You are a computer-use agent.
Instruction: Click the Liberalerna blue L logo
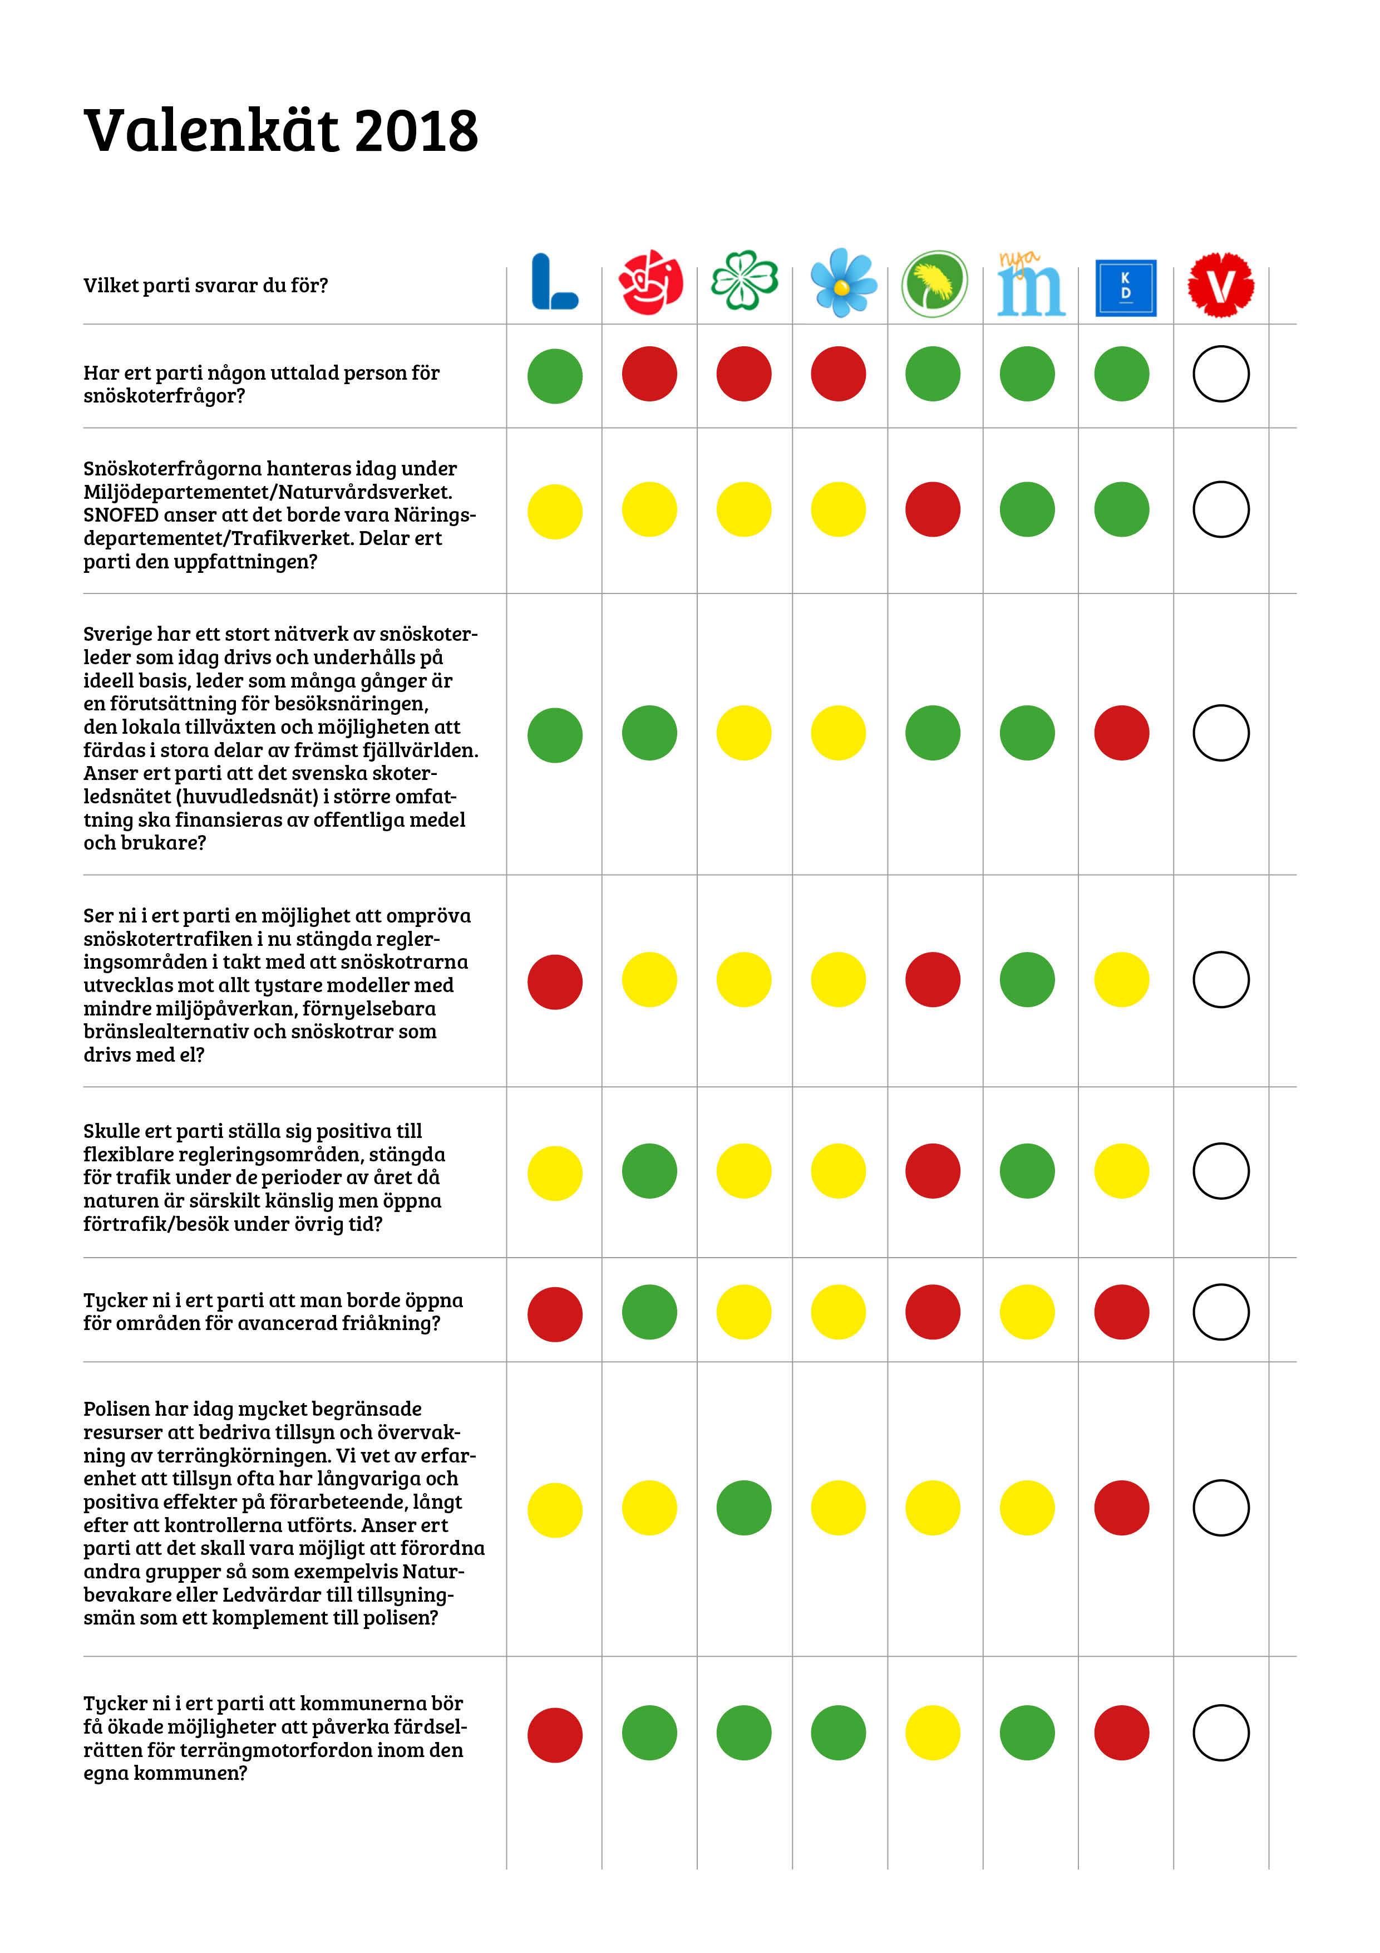click(x=554, y=282)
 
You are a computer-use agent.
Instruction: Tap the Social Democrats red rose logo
click(x=650, y=282)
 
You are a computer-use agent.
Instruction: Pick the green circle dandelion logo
click(x=934, y=283)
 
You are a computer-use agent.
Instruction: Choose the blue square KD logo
click(x=1125, y=287)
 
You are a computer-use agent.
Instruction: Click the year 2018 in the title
click(x=416, y=132)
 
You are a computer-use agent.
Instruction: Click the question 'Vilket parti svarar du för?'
click(x=205, y=286)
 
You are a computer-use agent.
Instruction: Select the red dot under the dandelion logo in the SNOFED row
click(x=933, y=509)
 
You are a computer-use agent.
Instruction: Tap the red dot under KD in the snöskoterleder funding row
click(x=1121, y=733)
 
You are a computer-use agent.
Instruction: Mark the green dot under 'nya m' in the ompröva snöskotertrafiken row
click(x=1027, y=979)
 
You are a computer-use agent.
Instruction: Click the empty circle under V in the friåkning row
click(x=1220, y=1312)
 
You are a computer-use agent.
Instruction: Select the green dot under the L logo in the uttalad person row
click(x=554, y=376)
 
